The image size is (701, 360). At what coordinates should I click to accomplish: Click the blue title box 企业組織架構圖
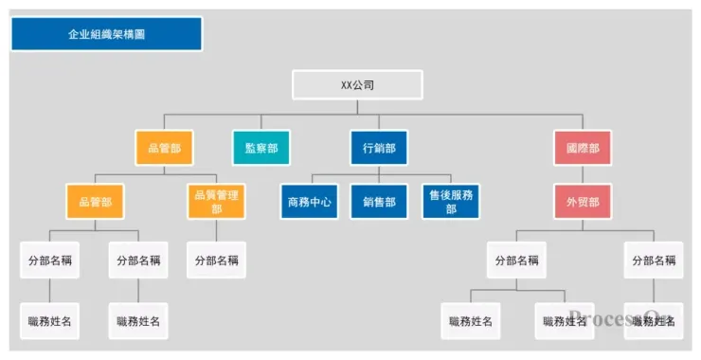[106, 34]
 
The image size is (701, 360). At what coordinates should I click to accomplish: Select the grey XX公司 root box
[357, 85]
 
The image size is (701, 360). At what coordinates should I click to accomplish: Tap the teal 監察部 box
[261, 148]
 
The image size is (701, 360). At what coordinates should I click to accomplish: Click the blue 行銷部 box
[379, 148]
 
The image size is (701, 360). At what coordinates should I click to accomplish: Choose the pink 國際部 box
[583, 148]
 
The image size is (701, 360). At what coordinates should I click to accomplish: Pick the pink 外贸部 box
[583, 202]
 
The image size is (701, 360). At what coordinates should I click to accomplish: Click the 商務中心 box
[309, 202]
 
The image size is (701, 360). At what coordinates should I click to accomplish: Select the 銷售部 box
[379, 202]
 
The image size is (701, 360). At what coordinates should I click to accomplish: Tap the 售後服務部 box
[450, 202]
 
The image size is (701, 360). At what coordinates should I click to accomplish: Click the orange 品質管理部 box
[216, 202]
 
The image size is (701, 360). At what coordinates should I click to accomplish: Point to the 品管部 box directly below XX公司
[164, 148]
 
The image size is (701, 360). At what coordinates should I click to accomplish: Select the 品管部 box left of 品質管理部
[95, 202]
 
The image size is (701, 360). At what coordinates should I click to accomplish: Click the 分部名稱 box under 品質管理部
[216, 260]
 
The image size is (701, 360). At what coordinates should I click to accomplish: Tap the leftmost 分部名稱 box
[49, 260]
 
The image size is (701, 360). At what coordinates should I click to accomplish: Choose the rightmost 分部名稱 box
[654, 260]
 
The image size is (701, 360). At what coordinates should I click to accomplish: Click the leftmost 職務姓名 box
[49, 321]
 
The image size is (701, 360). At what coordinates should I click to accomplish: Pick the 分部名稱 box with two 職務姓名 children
[517, 260]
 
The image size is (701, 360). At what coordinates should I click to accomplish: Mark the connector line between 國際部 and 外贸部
[583, 174]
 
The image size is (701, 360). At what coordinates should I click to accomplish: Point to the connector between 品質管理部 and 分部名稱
[216, 230]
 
